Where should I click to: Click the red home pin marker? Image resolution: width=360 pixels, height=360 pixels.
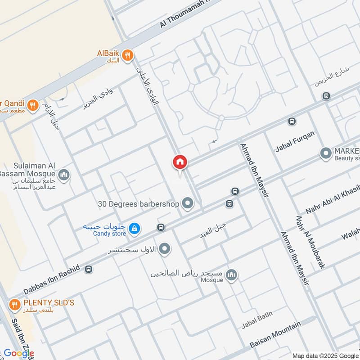pos(180,162)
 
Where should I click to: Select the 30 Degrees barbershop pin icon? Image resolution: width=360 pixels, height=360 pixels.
pos(187,204)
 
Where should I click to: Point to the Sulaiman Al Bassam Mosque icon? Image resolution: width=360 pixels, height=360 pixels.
pos(64,174)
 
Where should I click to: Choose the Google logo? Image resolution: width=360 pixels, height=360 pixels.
pos(19,353)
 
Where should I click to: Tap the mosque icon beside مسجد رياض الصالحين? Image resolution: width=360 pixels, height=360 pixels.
pos(231,274)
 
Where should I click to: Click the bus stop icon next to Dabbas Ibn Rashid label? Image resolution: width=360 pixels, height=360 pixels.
pos(89,269)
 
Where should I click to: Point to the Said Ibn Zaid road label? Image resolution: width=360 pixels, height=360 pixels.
pos(18,335)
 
